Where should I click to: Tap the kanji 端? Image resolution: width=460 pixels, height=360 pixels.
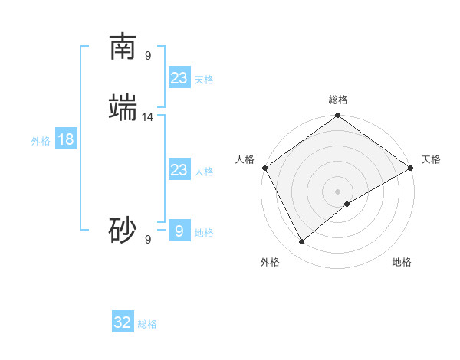[x=123, y=108]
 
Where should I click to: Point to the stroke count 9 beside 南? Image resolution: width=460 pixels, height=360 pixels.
[x=148, y=55]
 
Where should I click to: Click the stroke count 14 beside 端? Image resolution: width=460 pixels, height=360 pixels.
[x=148, y=116]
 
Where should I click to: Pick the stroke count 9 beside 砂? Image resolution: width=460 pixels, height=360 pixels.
[x=148, y=239]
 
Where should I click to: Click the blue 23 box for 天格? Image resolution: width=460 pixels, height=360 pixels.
[x=179, y=78]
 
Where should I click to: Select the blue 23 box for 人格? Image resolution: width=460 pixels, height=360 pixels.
[x=179, y=170]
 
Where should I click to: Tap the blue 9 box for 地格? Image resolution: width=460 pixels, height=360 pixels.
[x=179, y=231]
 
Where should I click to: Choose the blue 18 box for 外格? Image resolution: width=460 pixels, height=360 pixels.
[x=65, y=139]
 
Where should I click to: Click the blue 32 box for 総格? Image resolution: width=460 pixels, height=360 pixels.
[x=123, y=322]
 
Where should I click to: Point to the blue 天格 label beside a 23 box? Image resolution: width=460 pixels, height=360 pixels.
[x=204, y=80]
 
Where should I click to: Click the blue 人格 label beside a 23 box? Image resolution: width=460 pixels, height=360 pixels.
[x=204, y=172]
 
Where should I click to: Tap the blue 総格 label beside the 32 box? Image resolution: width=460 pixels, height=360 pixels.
[x=147, y=324]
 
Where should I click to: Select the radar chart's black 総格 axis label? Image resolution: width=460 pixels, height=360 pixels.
[x=338, y=100]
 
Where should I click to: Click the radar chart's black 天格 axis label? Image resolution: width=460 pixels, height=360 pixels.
[x=431, y=159]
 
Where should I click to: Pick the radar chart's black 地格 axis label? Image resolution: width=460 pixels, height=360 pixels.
[x=402, y=262]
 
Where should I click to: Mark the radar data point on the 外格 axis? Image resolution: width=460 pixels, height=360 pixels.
[x=302, y=242]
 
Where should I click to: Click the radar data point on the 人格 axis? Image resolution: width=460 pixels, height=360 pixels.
[x=265, y=168]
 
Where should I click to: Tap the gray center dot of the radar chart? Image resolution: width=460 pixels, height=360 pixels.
[x=338, y=191]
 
